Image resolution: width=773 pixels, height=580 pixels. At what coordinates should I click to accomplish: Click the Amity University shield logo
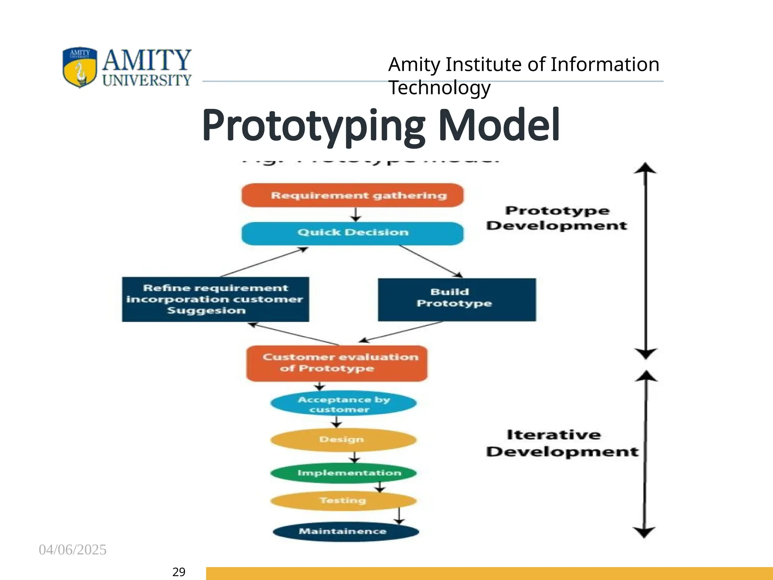(x=80, y=67)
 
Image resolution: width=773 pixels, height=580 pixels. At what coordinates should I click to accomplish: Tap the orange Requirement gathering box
(x=353, y=195)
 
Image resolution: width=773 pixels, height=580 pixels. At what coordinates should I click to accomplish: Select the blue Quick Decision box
(x=353, y=233)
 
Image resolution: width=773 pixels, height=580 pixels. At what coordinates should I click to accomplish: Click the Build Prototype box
(x=457, y=300)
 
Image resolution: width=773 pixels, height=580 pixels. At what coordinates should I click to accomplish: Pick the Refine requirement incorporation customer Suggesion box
(x=215, y=299)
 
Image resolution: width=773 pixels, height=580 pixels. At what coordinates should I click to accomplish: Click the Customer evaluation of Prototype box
(x=337, y=363)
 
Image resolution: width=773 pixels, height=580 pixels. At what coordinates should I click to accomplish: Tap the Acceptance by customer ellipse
(x=343, y=404)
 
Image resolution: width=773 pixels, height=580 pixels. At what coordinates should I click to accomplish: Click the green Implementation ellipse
(x=343, y=473)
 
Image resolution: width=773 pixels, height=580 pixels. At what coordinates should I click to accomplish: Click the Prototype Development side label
(x=557, y=218)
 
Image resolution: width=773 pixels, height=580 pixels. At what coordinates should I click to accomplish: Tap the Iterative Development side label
(x=561, y=443)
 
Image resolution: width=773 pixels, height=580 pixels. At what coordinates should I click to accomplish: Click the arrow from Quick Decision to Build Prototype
(x=430, y=261)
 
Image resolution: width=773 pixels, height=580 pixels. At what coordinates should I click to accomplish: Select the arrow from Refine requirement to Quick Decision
(x=264, y=262)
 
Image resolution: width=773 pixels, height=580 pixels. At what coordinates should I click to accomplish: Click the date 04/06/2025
(x=72, y=550)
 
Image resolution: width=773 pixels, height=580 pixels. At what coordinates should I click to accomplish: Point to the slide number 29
(x=179, y=572)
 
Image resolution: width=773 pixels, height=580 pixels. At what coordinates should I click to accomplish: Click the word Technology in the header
(x=439, y=88)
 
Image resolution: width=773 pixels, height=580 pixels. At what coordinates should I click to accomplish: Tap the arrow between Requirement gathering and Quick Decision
(x=355, y=214)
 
